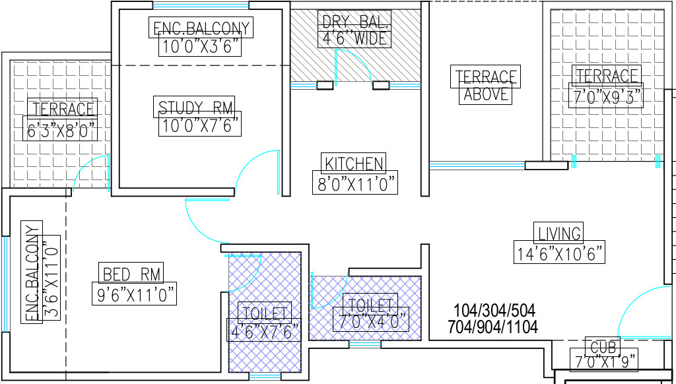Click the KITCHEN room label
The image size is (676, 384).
point(354,163)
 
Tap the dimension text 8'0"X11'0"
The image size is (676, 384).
point(355,184)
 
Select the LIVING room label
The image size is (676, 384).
point(559,233)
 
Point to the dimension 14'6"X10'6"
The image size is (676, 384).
point(559,253)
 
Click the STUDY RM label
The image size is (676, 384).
point(196,106)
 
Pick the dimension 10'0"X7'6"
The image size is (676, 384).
point(199,125)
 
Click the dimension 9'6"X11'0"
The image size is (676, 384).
point(136,295)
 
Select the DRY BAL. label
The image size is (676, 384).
point(355,20)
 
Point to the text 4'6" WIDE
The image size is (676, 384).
point(355,39)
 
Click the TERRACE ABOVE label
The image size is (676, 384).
point(487,85)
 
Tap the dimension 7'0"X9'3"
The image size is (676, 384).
point(606,96)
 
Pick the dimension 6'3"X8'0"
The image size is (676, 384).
point(61,130)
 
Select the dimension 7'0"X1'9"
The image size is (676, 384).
point(604,361)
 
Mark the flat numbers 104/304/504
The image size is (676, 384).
point(494,310)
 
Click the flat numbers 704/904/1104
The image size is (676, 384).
point(492,327)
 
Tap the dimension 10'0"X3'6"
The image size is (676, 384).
point(199,47)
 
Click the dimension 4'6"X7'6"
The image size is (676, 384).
point(264,331)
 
